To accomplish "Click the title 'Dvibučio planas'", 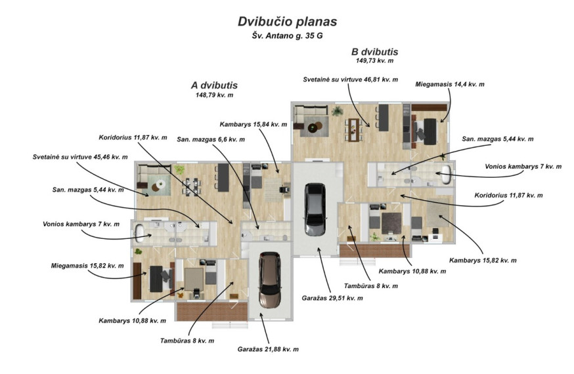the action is point(288,22).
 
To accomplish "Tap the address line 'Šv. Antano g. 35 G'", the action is point(288,36).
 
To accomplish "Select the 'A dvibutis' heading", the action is point(214,85).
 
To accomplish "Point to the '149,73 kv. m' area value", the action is point(374,60).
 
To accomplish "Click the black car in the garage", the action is point(315,209).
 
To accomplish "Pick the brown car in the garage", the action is point(270,280).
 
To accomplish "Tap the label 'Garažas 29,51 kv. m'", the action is point(332,299).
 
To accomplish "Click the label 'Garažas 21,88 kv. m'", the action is point(268,350).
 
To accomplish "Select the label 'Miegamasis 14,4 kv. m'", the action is point(449,85).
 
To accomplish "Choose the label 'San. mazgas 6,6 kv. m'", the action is point(211,140).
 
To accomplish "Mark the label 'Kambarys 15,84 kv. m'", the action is point(254,125).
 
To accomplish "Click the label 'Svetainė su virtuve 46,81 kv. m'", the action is point(350,79).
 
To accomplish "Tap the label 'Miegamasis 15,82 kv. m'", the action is point(87,266).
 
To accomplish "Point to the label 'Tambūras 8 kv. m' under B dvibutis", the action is point(371,286).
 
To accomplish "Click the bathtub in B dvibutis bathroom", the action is point(445,175).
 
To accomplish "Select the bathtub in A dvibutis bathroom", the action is point(140,233).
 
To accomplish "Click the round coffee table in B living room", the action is point(313,128).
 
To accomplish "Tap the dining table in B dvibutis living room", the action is point(353,129).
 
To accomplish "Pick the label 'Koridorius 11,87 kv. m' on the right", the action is point(508,196).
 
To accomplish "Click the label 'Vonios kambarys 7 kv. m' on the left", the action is point(81,224).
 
